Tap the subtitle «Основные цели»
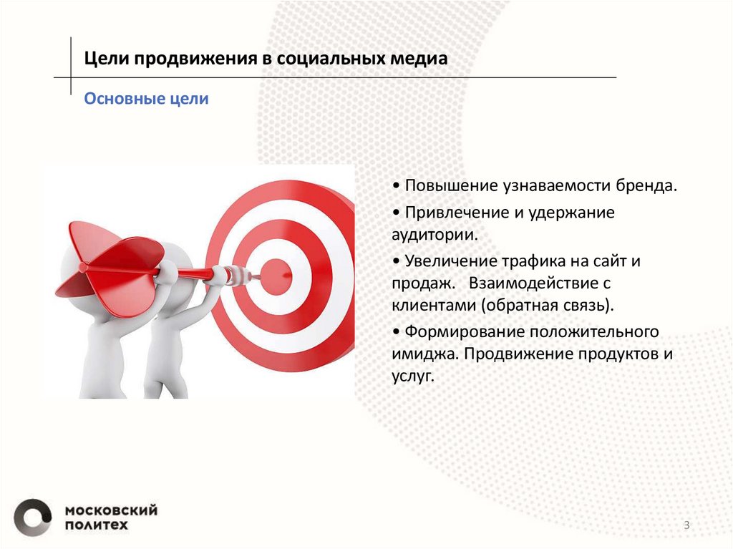pos(146,99)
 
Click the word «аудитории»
pos(434,234)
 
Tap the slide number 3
pos(687,526)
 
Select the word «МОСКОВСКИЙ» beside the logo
pos(111,510)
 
